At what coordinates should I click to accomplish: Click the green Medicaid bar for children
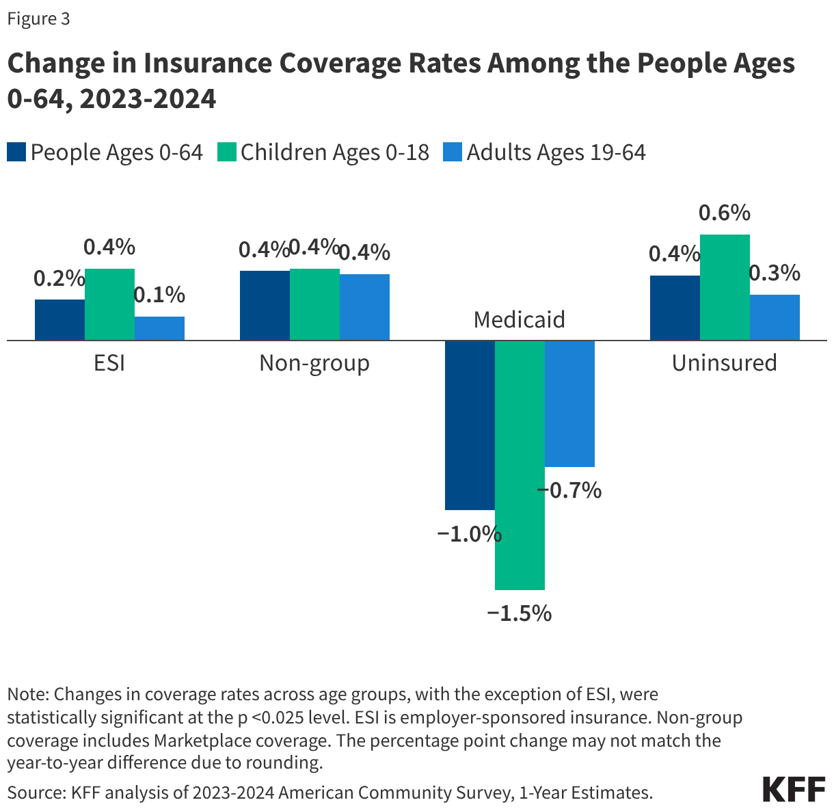click(520, 465)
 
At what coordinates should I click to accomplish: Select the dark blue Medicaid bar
click(470, 425)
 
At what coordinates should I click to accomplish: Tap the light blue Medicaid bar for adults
click(569, 403)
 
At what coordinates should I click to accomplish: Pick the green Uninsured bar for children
click(725, 287)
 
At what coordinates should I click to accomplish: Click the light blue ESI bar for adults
click(159, 328)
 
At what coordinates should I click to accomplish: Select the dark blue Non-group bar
click(265, 306)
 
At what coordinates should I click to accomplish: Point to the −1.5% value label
click(519, 613)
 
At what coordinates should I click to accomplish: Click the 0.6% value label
click(724, 213)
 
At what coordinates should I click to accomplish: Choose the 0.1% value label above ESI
click(159, 295)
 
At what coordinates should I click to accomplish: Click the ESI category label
click(109, 362)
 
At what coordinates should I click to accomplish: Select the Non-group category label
click(314, 362)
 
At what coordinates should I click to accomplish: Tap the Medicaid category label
click(520, 319)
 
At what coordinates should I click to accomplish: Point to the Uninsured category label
click(724, 362)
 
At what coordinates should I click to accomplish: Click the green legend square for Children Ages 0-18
click(227, 152)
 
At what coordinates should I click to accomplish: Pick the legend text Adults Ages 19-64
click(556, 152)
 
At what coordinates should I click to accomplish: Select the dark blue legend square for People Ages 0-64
click(16, 152)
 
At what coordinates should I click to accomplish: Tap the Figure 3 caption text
click(38, 19)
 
